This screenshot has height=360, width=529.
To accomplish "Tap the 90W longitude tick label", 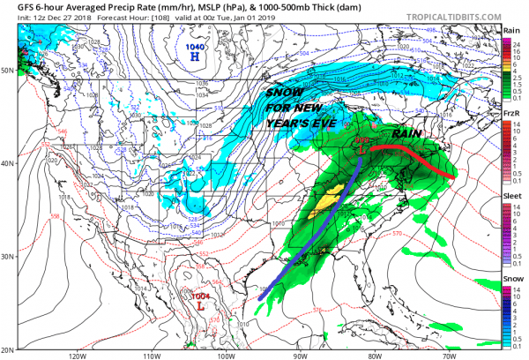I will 300,355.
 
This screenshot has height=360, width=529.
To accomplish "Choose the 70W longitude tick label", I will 449,355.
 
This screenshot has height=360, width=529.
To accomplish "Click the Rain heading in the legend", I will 511,29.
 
